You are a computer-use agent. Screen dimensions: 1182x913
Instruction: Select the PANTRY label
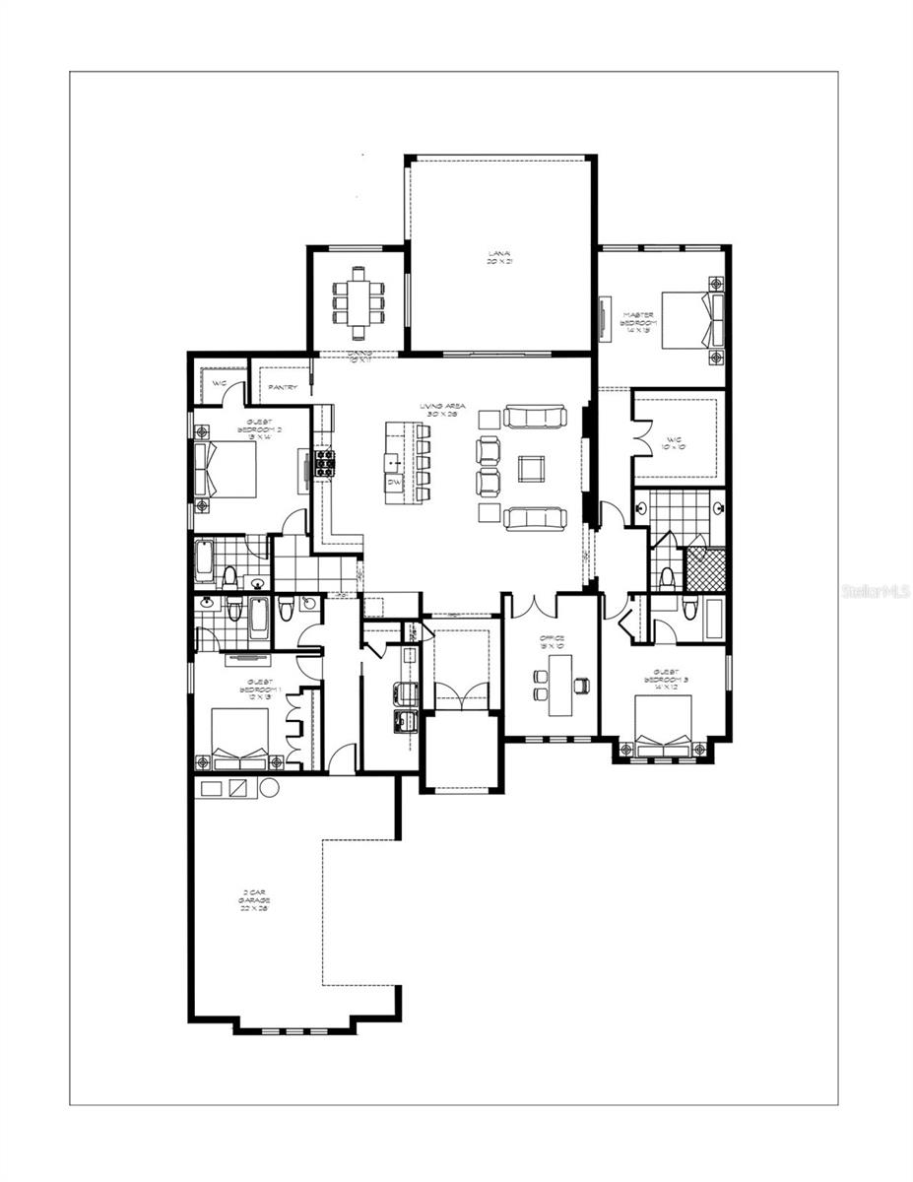tap(285, 388)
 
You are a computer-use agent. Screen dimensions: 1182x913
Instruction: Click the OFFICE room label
tap(552, 642)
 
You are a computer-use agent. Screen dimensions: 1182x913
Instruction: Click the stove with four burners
tap(325, 463)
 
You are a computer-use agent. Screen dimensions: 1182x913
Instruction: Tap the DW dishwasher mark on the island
tap(394, 483)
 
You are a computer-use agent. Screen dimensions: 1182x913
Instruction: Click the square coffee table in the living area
tap(533, 469)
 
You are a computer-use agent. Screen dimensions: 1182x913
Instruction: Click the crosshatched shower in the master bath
tap(705, 569)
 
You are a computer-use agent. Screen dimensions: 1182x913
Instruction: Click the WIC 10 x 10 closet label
tap(679, 440)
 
